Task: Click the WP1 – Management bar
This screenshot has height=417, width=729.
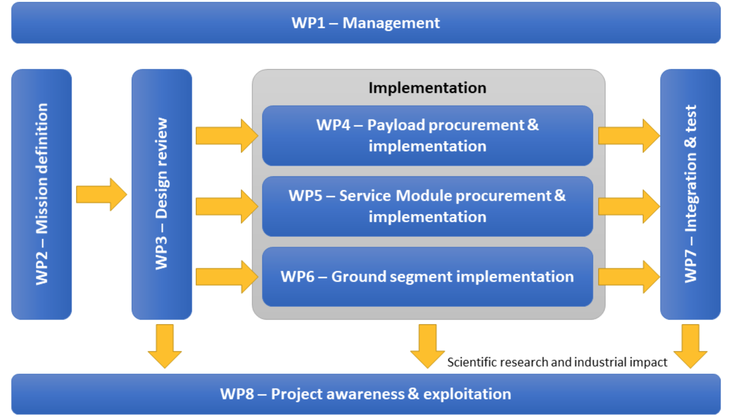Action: click(x=365, y=23)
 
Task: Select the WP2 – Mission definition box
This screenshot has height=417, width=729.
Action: click(x=41, y=194)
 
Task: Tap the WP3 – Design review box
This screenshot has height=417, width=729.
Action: click(x=161, y=194)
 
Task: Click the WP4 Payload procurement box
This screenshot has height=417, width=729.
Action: click(x=427, y=136)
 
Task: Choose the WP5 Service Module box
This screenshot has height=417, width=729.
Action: click(x=427, y=206)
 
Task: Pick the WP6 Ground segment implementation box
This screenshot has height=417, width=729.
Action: click(x=427, y=277)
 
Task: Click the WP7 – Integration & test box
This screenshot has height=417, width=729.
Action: click(x=690, y=194)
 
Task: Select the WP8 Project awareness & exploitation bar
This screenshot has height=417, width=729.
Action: click(x=365, y=394)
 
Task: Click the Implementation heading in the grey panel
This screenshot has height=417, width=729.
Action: click(x=427, y=88)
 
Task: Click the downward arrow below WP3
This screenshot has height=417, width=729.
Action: click(x=165, y=346)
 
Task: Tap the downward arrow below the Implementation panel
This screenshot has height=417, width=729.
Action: click(x=427, y=346)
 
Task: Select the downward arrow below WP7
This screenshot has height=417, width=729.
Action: click(x=690, y=346)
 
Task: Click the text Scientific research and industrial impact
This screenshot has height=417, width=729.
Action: click(x=557, y=362)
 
